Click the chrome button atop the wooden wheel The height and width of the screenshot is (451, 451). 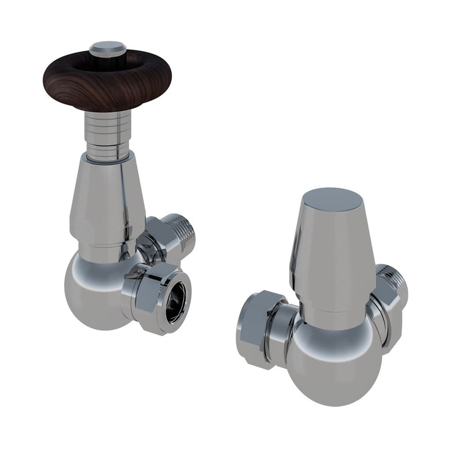108,47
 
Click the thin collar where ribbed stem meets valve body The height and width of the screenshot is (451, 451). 108,156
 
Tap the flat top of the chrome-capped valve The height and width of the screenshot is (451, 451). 331,200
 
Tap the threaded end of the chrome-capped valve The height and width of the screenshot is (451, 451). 397,282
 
